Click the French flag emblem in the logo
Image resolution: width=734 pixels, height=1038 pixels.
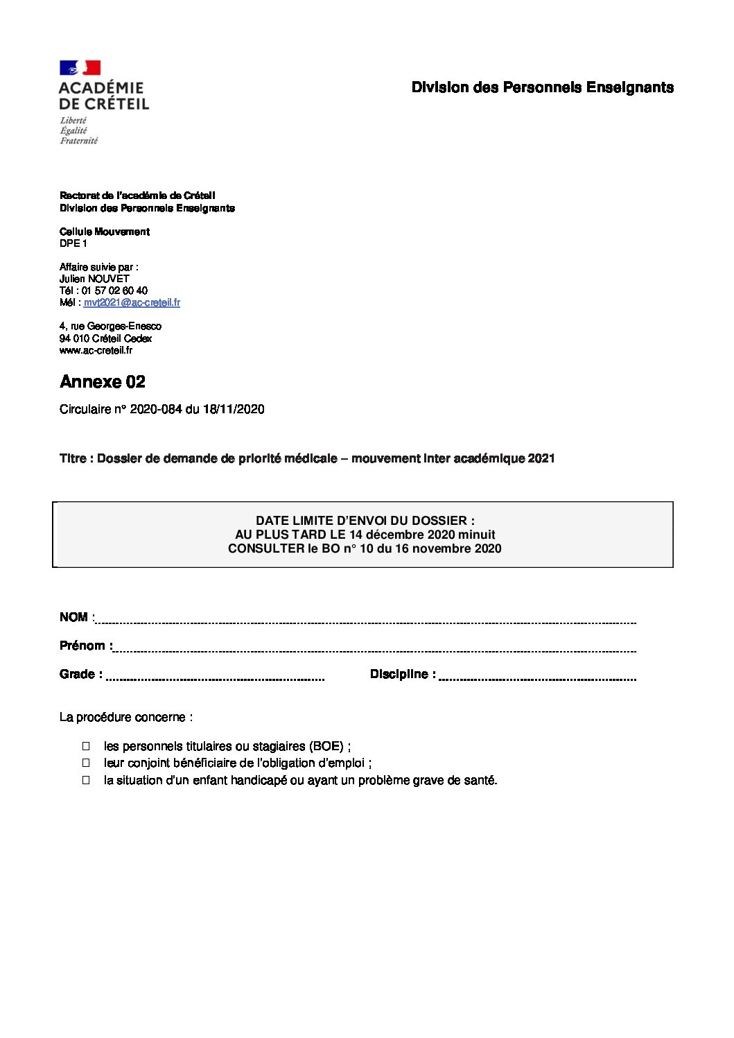click(x=80, y=68)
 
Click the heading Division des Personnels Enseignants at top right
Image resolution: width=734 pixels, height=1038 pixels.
click(x=542, y=87)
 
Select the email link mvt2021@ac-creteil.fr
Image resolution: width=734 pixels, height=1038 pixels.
click(x=132, y=302)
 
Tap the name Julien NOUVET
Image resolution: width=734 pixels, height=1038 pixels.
click(x=94, y=279)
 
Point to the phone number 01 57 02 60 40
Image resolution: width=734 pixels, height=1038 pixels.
click(x=114, y=291)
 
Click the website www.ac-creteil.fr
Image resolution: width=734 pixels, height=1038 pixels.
click(x=96, y=350)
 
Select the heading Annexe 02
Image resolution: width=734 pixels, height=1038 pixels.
click(x=103, y=382)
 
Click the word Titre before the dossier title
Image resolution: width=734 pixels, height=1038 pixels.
click(x=73, y=458)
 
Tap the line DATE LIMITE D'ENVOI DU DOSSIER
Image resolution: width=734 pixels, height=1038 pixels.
click(x=365, y=521)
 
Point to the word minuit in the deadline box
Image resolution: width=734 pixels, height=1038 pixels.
click(x=477, y=535)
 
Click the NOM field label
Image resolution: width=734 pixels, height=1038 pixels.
click(x=73, y=617)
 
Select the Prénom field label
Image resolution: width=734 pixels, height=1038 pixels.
click(x=82, y=646)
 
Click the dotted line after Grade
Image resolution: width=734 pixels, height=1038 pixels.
click(x=215, y=678)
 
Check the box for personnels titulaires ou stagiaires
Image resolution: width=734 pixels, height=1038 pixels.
click(x=87, y=746)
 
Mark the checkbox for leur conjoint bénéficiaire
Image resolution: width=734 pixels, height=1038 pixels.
click(x=87, y=763)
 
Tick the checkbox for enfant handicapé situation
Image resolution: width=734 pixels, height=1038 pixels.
click(x=87, y=779)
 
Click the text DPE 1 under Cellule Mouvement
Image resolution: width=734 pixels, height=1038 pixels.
click(x=73, y=243)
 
